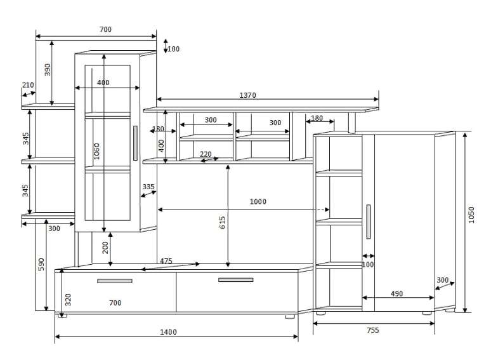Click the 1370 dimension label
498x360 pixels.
pos(247,95)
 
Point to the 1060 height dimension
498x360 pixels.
pos(96,150)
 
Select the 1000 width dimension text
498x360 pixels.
pos(258,202)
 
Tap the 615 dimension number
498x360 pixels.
pos(222,222)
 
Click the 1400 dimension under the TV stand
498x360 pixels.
pos(168,332)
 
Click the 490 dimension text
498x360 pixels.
pos(396,294)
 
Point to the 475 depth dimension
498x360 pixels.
pos(166,261)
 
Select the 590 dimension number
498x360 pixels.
pos(41,265)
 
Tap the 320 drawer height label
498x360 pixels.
pos(69,300)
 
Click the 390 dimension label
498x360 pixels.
pos(48,70)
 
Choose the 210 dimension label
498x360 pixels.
pos(28,85)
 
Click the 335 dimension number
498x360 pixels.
pos(148,187)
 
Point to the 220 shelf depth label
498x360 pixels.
pos(206,154)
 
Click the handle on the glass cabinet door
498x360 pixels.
pos(135,143)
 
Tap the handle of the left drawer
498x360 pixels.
pos(115,281)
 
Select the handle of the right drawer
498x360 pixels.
pos(235,279)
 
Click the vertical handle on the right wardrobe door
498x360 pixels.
pos(368,222)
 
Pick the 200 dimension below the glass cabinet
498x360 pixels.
pos(105,246)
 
